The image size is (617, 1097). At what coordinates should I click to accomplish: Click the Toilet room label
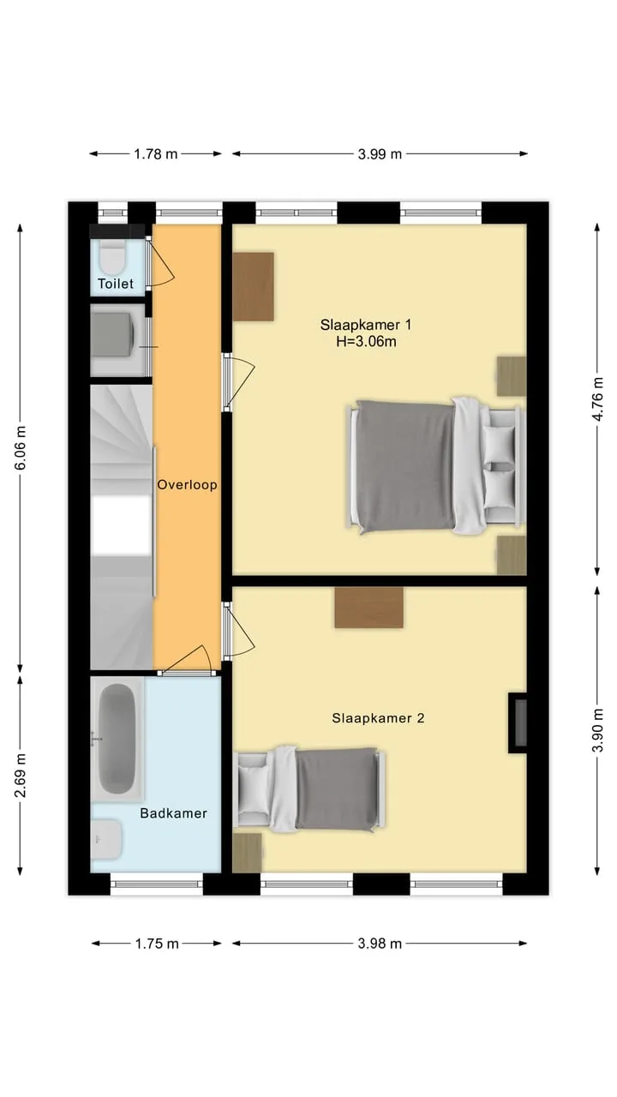click(116, 284)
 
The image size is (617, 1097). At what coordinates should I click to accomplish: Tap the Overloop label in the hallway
click(187, 485)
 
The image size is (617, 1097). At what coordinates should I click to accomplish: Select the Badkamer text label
click(173, 813)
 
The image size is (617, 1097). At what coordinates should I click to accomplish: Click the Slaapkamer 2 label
click(378, 718)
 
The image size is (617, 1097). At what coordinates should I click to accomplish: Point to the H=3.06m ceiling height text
click(366, 341)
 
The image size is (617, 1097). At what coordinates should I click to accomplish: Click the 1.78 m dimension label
click(156, 154)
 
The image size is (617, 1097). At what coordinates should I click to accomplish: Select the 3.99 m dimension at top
click(380, 154)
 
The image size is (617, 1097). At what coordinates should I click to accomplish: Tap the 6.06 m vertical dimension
click(21, 447)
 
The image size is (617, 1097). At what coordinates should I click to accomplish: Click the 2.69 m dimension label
click(21, 776)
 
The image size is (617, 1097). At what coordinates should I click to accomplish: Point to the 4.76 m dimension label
click(597, 399)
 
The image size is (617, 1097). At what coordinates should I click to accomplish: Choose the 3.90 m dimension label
click(597, 730)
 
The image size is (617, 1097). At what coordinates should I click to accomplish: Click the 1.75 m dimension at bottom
click(157, 944)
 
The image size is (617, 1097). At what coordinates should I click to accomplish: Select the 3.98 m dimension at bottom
click(380, 944)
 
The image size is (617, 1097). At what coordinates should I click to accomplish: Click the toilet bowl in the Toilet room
click(112, 257)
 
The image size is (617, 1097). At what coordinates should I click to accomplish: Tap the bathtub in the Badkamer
click(117, 739)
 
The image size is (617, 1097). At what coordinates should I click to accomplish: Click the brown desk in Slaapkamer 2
click(369, 608)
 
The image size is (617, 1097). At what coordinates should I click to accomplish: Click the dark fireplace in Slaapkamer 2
click(518, 722)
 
